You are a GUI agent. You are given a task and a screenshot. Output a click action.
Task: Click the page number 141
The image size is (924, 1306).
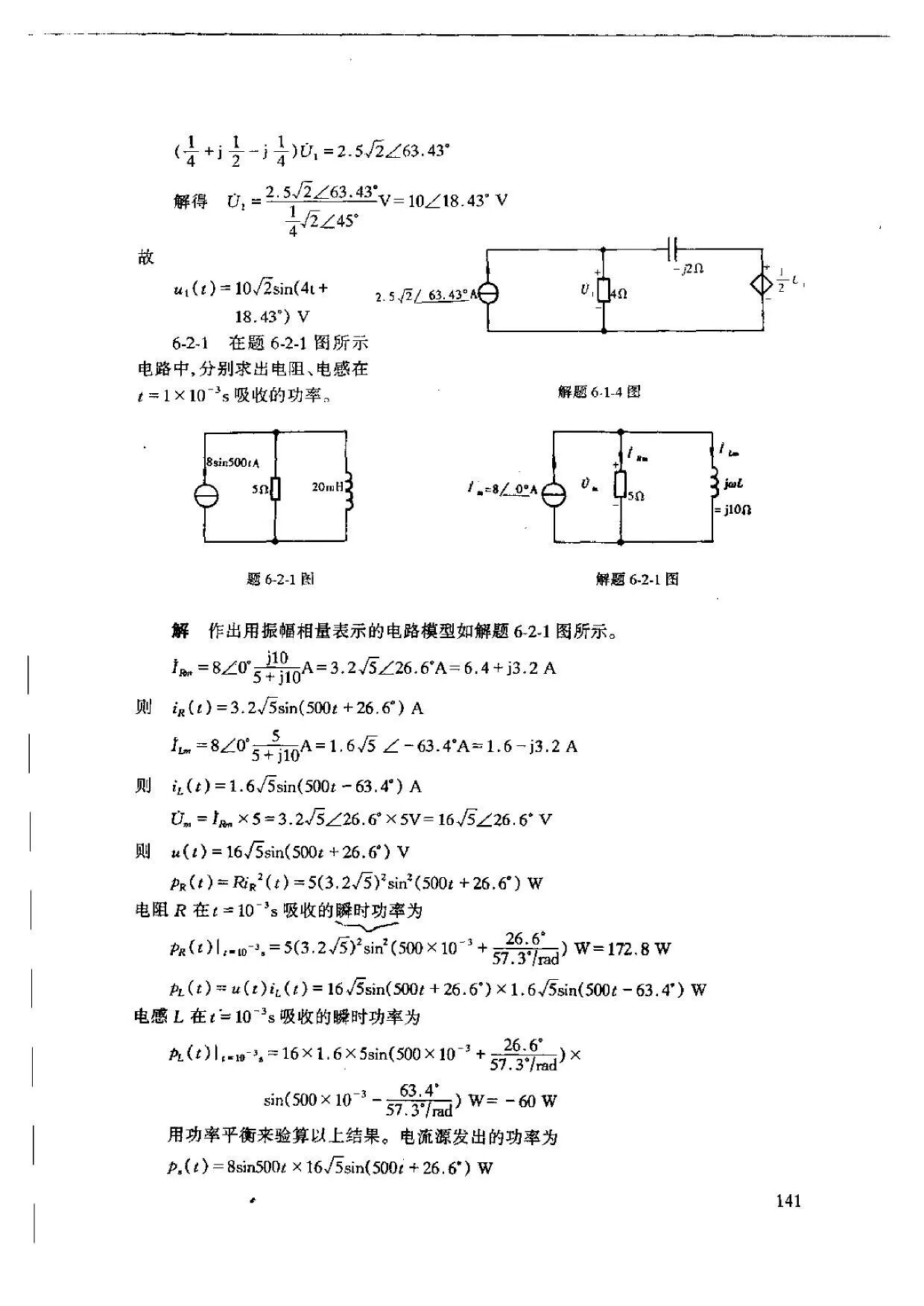point(788,1200)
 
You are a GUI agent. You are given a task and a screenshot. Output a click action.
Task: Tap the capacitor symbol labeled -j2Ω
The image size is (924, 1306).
point(674,249)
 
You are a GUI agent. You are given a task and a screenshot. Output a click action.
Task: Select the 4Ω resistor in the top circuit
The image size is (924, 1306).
point(604,291)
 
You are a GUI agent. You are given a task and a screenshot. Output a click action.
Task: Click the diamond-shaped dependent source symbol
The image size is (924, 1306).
point(763,285)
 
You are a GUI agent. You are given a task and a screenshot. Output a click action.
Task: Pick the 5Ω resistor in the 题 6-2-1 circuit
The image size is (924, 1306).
point(276,488)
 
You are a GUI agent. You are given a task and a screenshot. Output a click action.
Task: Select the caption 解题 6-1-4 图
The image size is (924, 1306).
point(599,392)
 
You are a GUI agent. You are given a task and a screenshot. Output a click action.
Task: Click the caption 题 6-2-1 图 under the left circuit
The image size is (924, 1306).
point(279,579)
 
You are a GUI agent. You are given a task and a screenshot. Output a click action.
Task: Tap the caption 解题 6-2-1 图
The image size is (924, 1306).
point(637,579)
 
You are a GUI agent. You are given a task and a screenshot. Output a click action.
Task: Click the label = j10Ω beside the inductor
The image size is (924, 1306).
point(730,510)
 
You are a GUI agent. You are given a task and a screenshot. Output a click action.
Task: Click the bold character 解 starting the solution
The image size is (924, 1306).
point(180,631)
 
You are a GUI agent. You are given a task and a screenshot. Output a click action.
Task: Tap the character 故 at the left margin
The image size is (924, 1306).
point(145,258)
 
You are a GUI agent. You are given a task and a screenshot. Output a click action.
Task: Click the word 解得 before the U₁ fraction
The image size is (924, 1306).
point(190,202)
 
